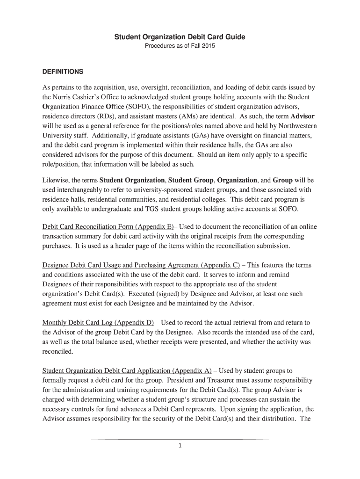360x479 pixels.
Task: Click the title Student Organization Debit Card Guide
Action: point(180,36)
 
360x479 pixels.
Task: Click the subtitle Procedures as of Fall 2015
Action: point(180,46)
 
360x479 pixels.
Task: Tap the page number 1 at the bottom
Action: point(180,445)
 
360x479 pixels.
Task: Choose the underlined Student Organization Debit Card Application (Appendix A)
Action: point(127,371)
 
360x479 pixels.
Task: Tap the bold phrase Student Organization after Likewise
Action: point(132,180)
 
